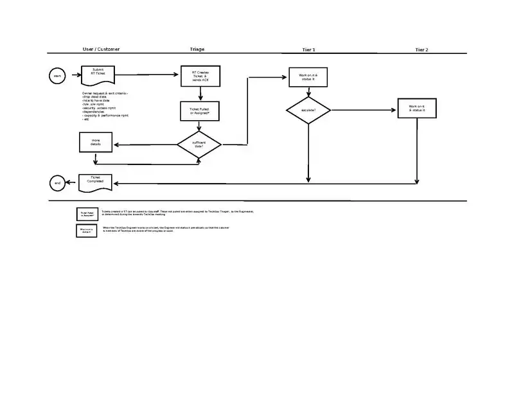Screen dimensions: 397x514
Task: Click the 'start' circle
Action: point(57,76)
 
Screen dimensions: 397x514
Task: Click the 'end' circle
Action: point(57,183)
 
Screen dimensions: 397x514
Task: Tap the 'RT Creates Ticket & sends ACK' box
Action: point(201,76)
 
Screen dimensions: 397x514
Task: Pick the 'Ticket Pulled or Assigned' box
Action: point(200,111)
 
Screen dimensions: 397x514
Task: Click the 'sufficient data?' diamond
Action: point(199,145)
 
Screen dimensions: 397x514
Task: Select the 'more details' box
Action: point(96,143)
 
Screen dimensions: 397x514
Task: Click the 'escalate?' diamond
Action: point(308,110)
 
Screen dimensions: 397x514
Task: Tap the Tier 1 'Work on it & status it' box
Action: point(308,78)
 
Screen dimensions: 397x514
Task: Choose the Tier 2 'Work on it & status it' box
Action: point(417,109)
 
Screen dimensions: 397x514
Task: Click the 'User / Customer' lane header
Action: point(101,49)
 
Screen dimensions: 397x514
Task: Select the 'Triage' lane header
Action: point(197,49)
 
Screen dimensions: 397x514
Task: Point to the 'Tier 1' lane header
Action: point(308,49)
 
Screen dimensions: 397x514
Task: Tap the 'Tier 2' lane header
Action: point(421,49)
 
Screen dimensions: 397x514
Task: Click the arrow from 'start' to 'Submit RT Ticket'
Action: point(73,76)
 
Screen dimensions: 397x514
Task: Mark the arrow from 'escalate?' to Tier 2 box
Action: point(364,110)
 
